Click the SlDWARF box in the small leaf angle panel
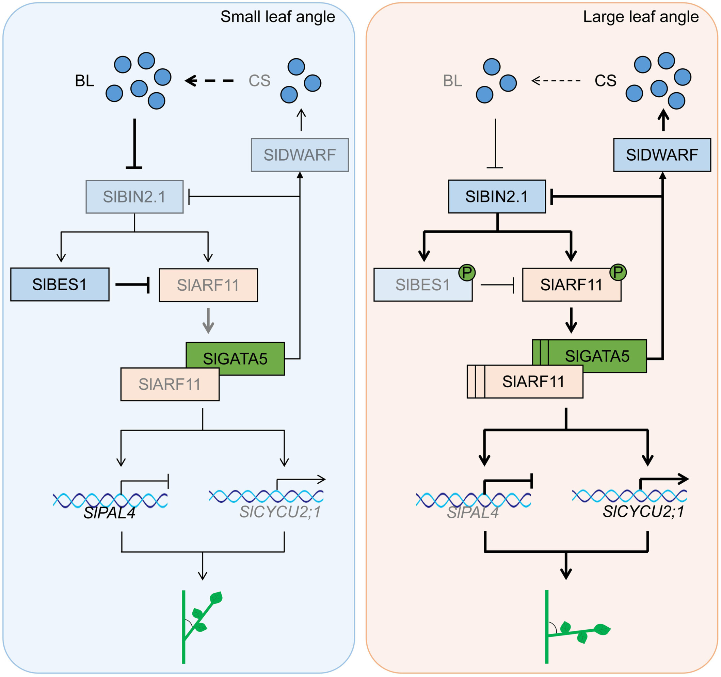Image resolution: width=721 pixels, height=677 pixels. coord(300,155)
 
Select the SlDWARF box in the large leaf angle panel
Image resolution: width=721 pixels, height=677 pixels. coord(662,155)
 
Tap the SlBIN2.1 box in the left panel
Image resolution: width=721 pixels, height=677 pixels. coord(134,196)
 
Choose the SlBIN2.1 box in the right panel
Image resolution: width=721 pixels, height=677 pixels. coord(497,196)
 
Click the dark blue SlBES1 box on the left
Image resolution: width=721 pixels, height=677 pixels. coord(60,284)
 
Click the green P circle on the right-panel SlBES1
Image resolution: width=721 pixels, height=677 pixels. coord(467,272)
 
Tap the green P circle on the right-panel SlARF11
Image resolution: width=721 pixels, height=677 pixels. coord(618,272)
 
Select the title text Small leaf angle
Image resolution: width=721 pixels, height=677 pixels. coord(278,17)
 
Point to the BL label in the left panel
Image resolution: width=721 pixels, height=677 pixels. coord(84,81)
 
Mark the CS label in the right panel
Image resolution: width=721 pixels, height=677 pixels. coord(605,81)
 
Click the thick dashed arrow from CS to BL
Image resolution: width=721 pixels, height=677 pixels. coord(209,81)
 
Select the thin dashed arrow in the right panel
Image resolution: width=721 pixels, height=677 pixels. coord(556,81)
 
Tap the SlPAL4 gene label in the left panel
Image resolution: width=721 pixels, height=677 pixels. coord(110,513)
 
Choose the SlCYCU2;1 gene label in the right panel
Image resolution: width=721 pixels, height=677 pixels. coord(643,512)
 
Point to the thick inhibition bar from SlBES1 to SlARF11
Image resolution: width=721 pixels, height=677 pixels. coord(133,285)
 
